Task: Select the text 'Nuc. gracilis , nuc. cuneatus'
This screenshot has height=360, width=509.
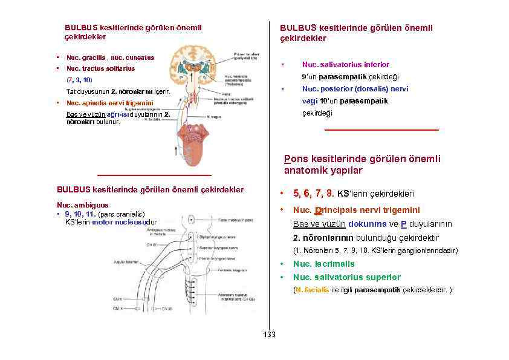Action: click(110, 58)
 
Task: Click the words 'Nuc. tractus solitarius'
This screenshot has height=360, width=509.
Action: click(100, 68)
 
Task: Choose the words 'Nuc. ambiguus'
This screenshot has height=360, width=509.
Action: click(82, 205)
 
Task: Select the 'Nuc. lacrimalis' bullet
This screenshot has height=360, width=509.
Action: click(323, 264)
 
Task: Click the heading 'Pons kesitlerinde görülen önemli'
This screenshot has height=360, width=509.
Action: click(362, 159)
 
